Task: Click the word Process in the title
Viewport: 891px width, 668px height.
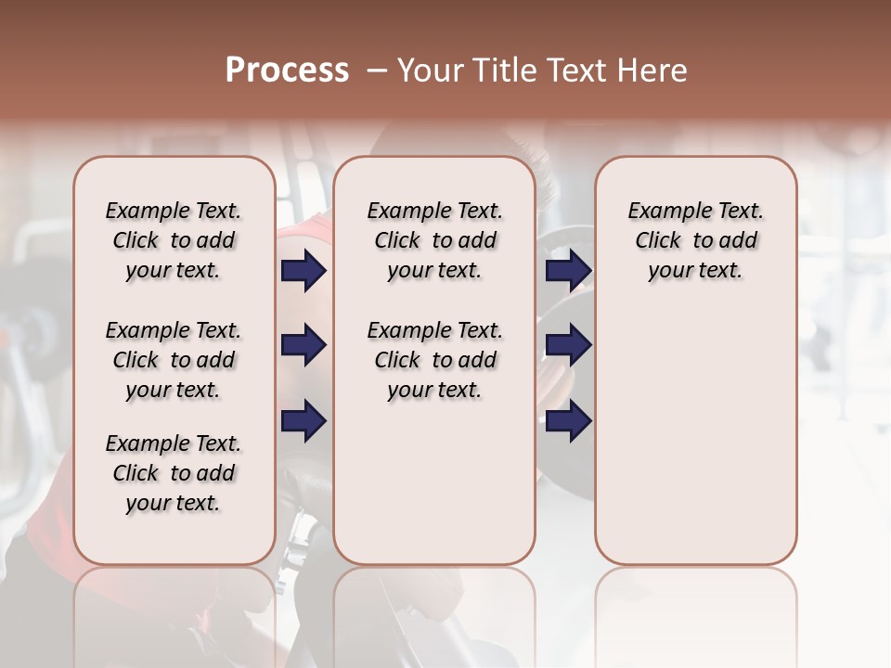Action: click(287, 71)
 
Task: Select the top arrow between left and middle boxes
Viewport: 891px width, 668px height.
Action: click(303, 270)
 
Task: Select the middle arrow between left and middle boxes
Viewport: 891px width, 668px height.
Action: click(303, 345)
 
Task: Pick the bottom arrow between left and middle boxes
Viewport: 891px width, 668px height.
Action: click(303, 420)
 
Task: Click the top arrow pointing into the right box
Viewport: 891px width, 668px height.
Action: click(568, 270)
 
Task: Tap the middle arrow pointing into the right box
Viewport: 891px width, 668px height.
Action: click(568, 345)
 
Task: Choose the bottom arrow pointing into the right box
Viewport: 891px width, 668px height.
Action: click(568, 420)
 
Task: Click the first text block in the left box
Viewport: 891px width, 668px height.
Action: click(174, 240)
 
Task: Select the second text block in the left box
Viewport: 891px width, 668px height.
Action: click(174, 360)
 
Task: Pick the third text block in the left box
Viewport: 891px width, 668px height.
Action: click(174, 473)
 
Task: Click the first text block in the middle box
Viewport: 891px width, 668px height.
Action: click(434, 240)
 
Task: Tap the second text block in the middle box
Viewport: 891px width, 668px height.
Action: click(434, 360)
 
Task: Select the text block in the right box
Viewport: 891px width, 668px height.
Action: click(695, 240)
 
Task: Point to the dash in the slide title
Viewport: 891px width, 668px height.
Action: click(377, 71)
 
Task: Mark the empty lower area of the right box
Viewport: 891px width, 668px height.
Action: click(695, 436)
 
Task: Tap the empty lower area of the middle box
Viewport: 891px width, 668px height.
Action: click(434, 482)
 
